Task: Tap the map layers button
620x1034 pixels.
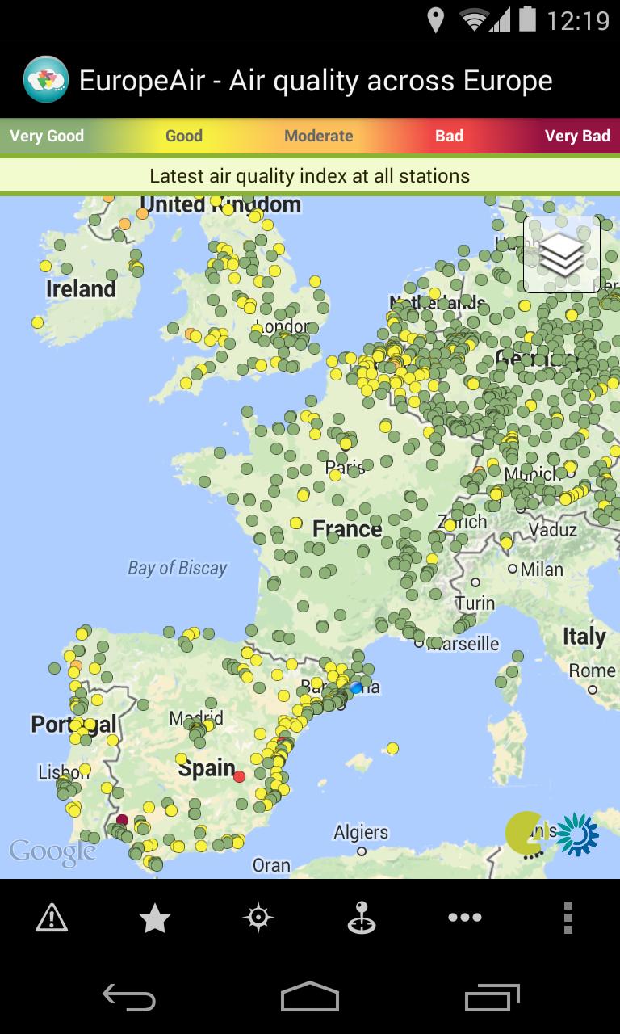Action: point(562,254)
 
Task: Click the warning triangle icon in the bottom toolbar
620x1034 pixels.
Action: point(52,918)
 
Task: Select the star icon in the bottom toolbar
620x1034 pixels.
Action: point(155,918)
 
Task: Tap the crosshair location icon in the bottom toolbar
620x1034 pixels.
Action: point(258,918)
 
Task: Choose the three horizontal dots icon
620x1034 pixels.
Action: point(465,918)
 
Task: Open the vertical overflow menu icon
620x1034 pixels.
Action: point(568,918)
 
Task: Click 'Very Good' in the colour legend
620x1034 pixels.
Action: point(47,136)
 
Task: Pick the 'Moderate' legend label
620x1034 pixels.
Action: point(319,136)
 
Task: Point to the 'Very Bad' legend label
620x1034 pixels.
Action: point(577,136)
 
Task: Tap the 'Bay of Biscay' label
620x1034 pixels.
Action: point(178,569)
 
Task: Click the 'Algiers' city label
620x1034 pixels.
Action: point(361,832)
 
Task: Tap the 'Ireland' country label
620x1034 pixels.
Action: point(81,289)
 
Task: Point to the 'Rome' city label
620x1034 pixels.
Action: point(592,670)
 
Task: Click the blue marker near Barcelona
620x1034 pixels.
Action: point(356,687)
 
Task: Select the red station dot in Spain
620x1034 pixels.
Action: point(239,776)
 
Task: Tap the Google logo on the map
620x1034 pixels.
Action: point(52,851)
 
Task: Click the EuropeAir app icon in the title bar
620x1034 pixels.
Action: point(46,80)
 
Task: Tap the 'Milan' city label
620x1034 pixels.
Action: point(542,570)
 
